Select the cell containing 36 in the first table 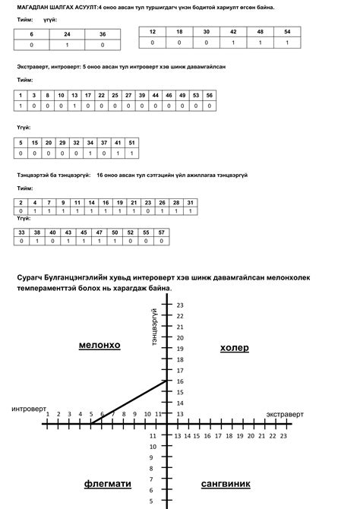coord(103,35)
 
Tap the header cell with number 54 coord(286,32)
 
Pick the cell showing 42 coord(232,32)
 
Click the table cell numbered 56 coord(210,95)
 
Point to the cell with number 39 coord(142,95)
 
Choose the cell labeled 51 coord(131,143)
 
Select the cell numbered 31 coord(191,203)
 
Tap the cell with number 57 coord(162,232)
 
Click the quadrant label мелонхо coord(99,346)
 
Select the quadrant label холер coord(234,348)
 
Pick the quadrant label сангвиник coord(226,483)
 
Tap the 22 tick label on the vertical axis coord(180,316)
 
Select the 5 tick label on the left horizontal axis coord(91,414)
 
